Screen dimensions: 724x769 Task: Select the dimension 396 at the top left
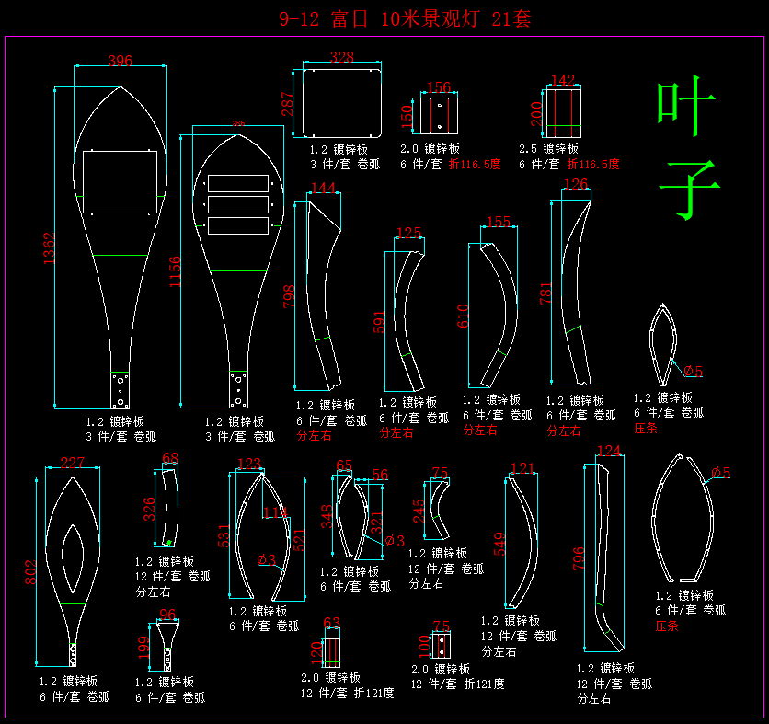121,61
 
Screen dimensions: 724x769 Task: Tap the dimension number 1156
175,271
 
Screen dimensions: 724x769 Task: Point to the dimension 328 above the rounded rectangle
341,58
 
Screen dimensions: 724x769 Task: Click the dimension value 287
288,107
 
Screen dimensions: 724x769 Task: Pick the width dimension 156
440,88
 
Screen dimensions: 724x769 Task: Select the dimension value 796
578,559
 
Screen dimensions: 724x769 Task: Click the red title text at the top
405,18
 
